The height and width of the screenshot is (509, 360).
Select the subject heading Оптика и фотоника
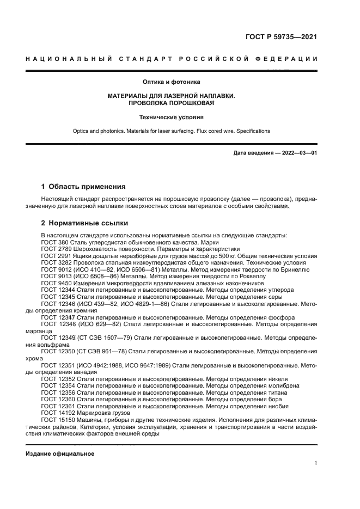(171, 82)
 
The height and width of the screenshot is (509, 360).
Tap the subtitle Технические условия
(171, 116)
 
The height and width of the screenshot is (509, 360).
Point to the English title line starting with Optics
(171, 131)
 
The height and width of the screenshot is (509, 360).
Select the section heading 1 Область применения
(83, 186)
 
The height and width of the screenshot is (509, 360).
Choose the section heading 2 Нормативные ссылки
(85, 223)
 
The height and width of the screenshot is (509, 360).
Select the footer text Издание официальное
(60, 453)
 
